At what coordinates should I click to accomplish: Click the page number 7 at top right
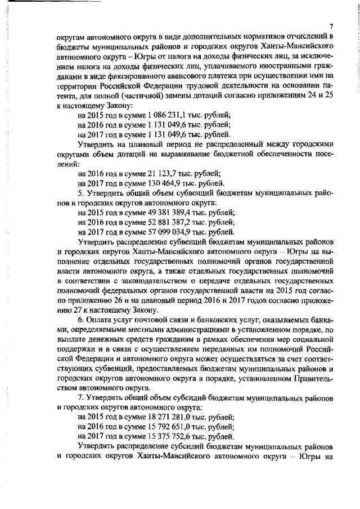[332, 26]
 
